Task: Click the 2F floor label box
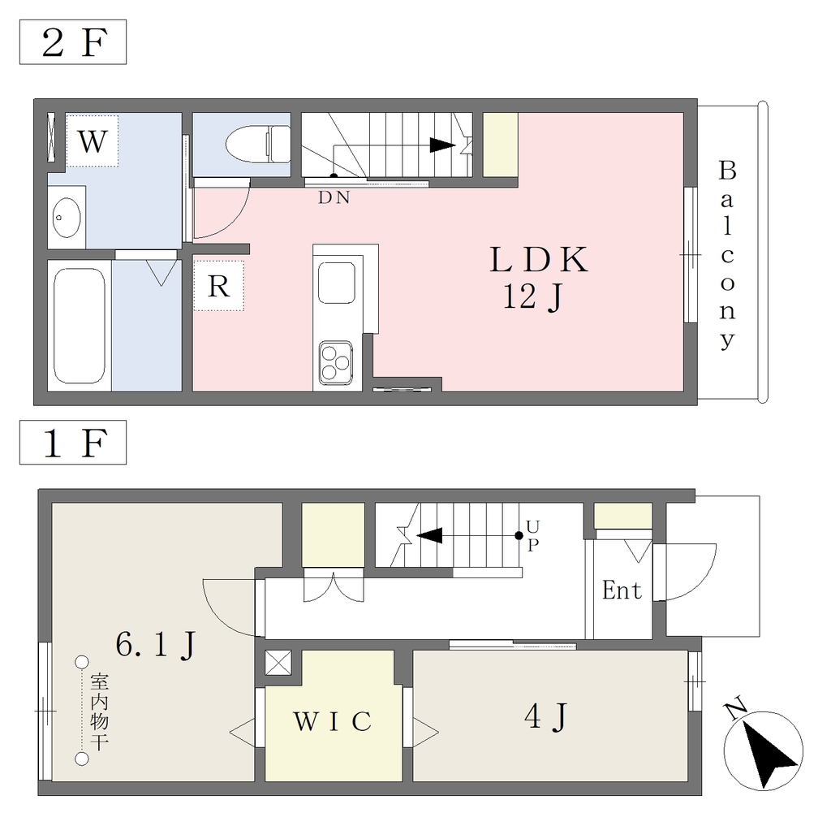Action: point(73,42)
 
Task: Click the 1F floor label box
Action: point(73,443)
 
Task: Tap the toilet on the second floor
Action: point(258,144)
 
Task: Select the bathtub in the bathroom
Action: point(80,326)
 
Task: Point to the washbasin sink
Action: point(67,218)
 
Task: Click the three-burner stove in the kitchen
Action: point(336,363)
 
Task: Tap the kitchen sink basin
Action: point(337,283)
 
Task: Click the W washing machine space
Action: point(93,141)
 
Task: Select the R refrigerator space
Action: point(218,286)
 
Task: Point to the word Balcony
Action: point(728,255)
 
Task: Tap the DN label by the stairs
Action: point(334,197)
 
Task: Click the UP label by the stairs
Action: point(533,535)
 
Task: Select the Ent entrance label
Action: point(622,590)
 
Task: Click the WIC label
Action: point(333,721)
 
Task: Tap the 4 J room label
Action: point(546,717)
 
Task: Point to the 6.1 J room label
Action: point(157,645)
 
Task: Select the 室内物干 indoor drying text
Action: point(99,711)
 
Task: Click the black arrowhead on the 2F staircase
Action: point(442,145)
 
